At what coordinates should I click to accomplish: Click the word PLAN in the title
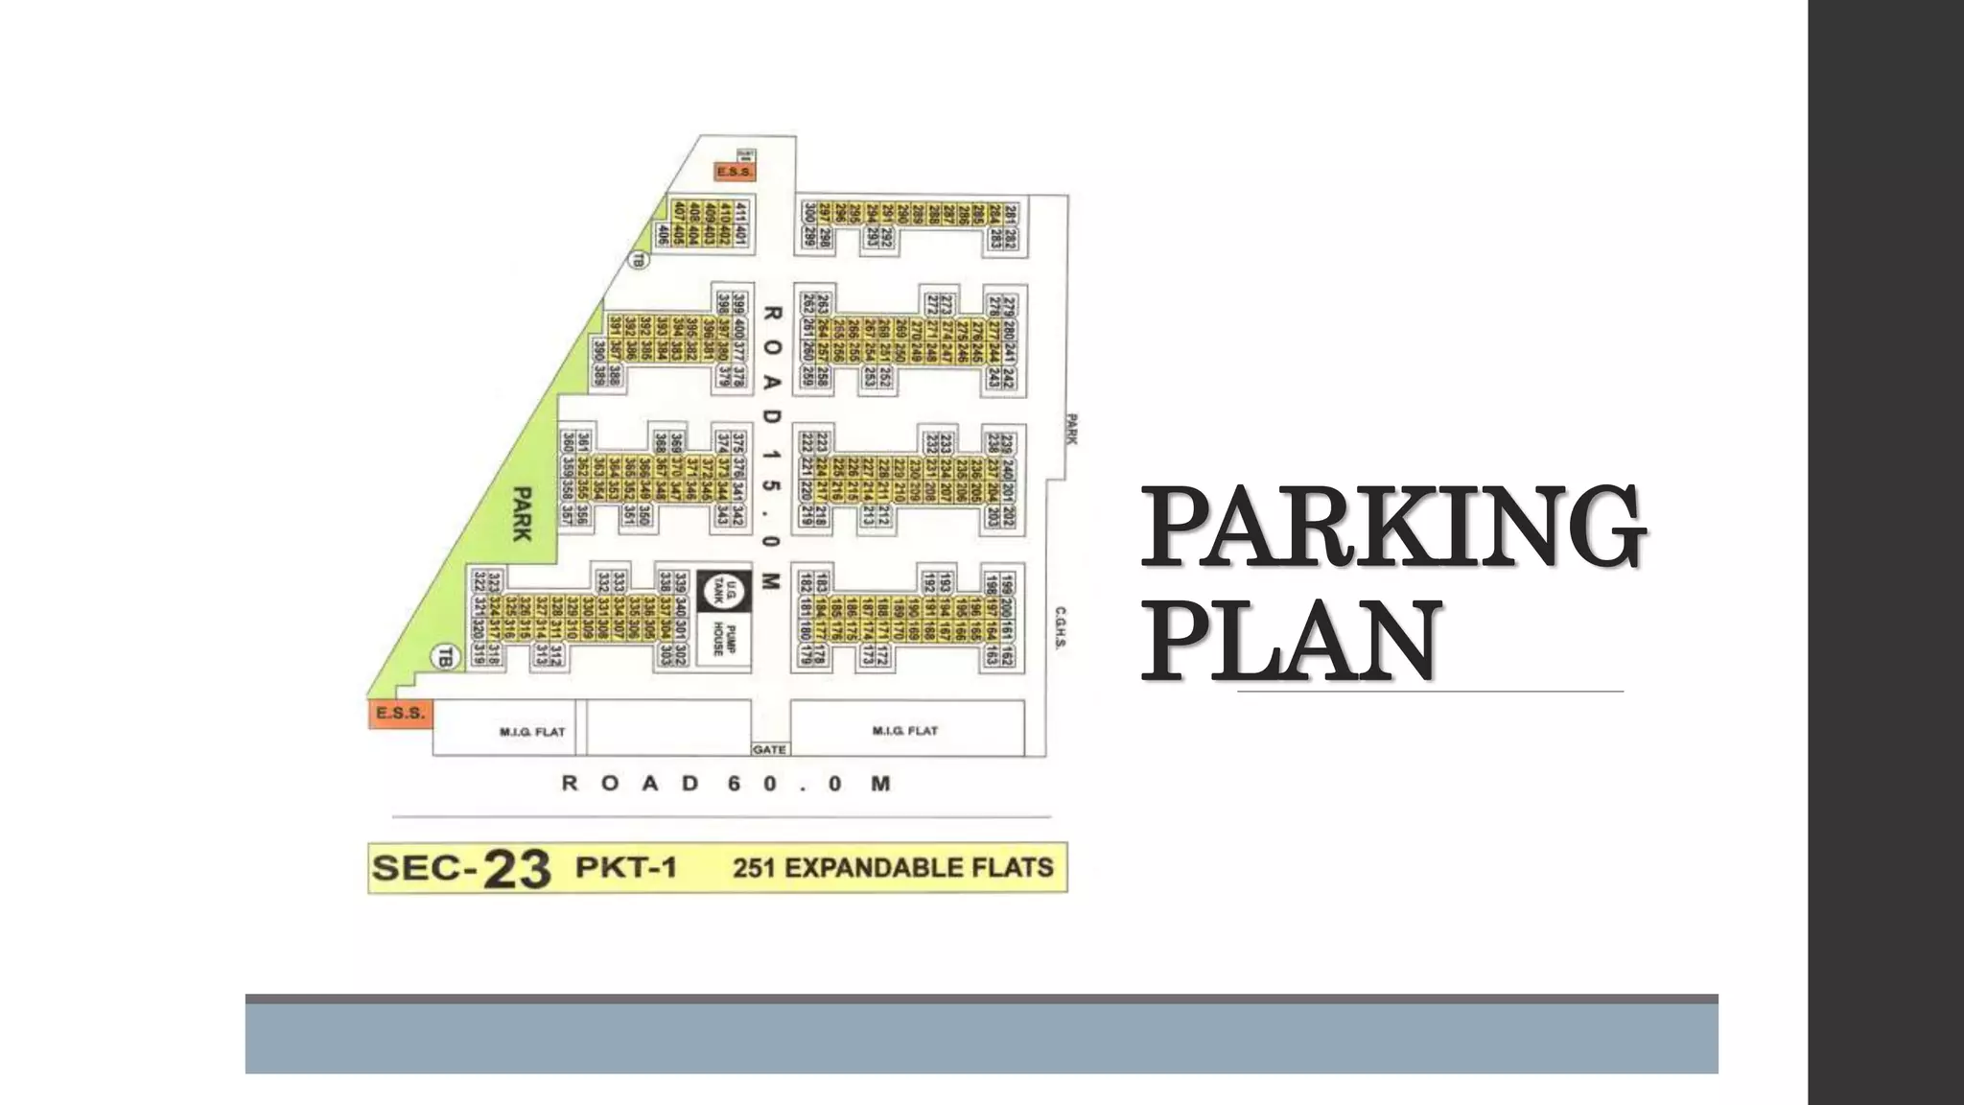pos(1291,638)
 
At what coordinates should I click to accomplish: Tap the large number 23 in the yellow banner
pos(517,869)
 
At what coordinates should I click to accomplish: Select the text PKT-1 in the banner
pos(626,867)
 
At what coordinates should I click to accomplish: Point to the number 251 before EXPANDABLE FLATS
pos(753,868)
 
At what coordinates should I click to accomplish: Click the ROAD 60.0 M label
pos(726,784)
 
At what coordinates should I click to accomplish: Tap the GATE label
pos(769,749)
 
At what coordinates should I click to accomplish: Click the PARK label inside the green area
pos(522,513)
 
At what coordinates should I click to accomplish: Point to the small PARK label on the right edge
pos(1072,429)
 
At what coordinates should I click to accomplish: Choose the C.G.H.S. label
pos(1061,627)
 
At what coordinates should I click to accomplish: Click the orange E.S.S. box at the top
pos(735,172)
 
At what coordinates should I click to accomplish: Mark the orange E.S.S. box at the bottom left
pos(400,714)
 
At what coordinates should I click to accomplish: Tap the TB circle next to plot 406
pos(638,259)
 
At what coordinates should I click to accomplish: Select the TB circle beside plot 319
pos(444,657)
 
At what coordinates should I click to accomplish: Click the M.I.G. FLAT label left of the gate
pos(532,732)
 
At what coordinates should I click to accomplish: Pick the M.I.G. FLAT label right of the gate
pos(904,731)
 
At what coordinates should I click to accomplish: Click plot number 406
pos(662,233)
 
